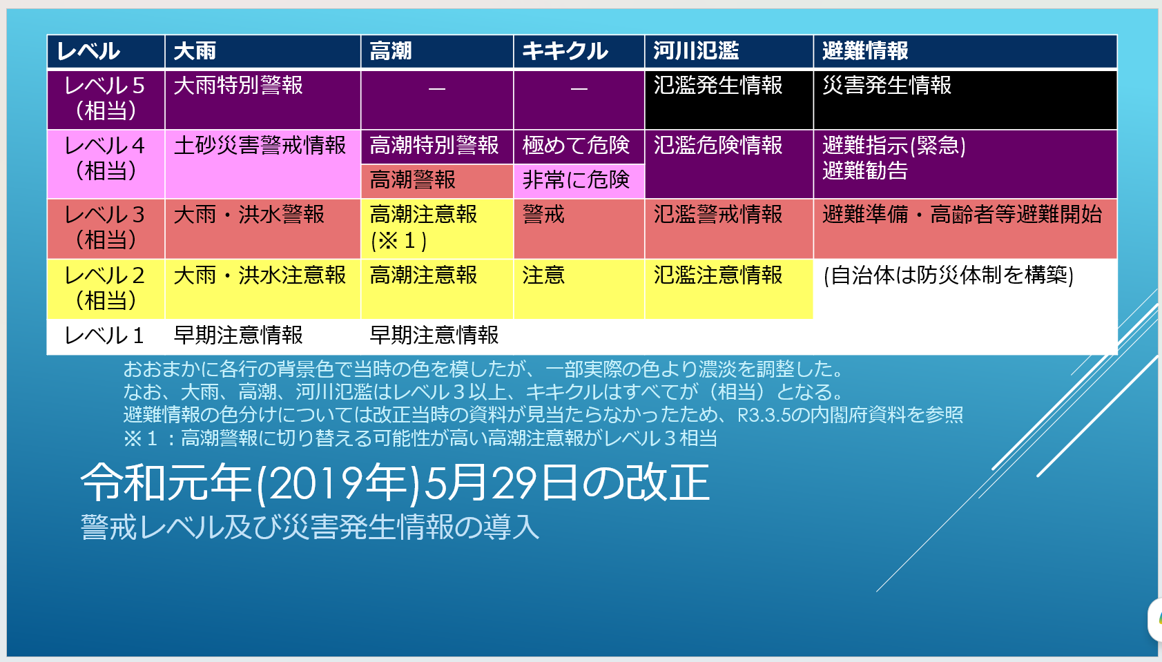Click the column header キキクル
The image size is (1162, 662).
[579, 51]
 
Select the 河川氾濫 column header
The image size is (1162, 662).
[729, 51]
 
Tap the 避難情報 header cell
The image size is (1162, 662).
[965, 51]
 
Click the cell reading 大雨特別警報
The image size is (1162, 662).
[263, 99]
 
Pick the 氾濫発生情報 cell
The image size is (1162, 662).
[729, 99]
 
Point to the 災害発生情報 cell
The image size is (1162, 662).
[965, 99]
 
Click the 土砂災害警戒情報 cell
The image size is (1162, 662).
[263, 164]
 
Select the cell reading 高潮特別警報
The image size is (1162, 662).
[437, 147]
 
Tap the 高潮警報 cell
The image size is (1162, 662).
[437, 181]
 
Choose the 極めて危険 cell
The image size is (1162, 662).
[579, 147]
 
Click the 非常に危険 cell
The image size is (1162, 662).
[579, 181]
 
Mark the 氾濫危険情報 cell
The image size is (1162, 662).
[729, 164]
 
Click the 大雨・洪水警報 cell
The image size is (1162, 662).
[263, 228]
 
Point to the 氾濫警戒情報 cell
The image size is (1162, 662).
[729, 228]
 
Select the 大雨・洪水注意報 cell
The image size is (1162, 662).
[263, 289]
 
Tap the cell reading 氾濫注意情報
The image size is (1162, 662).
[729, 289]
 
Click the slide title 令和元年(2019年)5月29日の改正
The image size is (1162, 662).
[395, 483]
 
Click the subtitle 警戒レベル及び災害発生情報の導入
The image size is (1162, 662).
[310, 527]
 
